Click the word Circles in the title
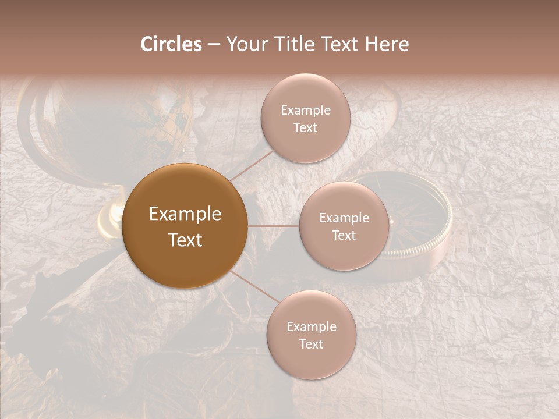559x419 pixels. coord(171,44)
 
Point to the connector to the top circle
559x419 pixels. coord(250,165)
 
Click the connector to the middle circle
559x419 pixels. coord(273,226)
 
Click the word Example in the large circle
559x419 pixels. coord(185,214)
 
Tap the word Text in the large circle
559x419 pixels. coord(185,240)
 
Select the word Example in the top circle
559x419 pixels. coord(305,111)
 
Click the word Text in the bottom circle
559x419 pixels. coord(311,344)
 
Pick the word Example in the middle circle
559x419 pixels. coord(344,218)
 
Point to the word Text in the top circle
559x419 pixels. coord(305,127)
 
